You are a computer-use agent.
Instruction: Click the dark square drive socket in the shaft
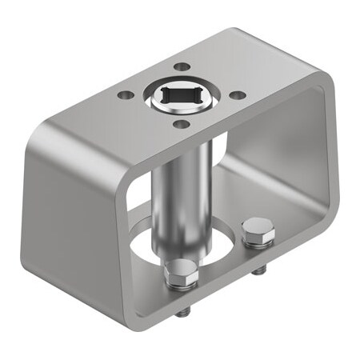[182, 98]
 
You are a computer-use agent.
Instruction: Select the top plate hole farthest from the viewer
[182, 67]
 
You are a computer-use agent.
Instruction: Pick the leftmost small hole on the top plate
[125, 95]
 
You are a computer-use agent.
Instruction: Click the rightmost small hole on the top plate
[238, 95]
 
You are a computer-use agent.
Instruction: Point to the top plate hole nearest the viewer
[182, 124]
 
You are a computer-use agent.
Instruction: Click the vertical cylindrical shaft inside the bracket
[181, 192]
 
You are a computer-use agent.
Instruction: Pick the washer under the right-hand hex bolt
[258, 241]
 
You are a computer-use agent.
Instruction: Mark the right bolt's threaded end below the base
[258, 270]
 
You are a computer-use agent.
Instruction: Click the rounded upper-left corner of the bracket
[48, 132]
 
